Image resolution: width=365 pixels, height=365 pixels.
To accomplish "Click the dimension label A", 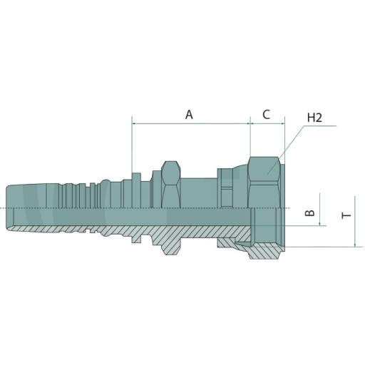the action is click(189, 115).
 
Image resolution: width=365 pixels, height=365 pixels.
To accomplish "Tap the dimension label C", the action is click(267, 114).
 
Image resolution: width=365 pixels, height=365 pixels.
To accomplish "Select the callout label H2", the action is click(314, 118).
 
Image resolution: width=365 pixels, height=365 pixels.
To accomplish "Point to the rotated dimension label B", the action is click(309, 213).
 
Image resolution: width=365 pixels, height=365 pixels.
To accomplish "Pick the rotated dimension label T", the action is click(346, 215).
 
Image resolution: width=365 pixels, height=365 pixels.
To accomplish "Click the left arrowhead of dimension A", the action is click(133, 123).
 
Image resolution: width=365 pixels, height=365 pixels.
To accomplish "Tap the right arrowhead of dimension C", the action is click(283, 123).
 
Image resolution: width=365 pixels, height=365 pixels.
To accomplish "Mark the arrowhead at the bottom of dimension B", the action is click(320, 223).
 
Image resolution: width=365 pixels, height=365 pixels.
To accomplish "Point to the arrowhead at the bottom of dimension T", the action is click(355, 245).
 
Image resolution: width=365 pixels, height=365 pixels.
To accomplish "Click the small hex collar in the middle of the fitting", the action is click(170, 185).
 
